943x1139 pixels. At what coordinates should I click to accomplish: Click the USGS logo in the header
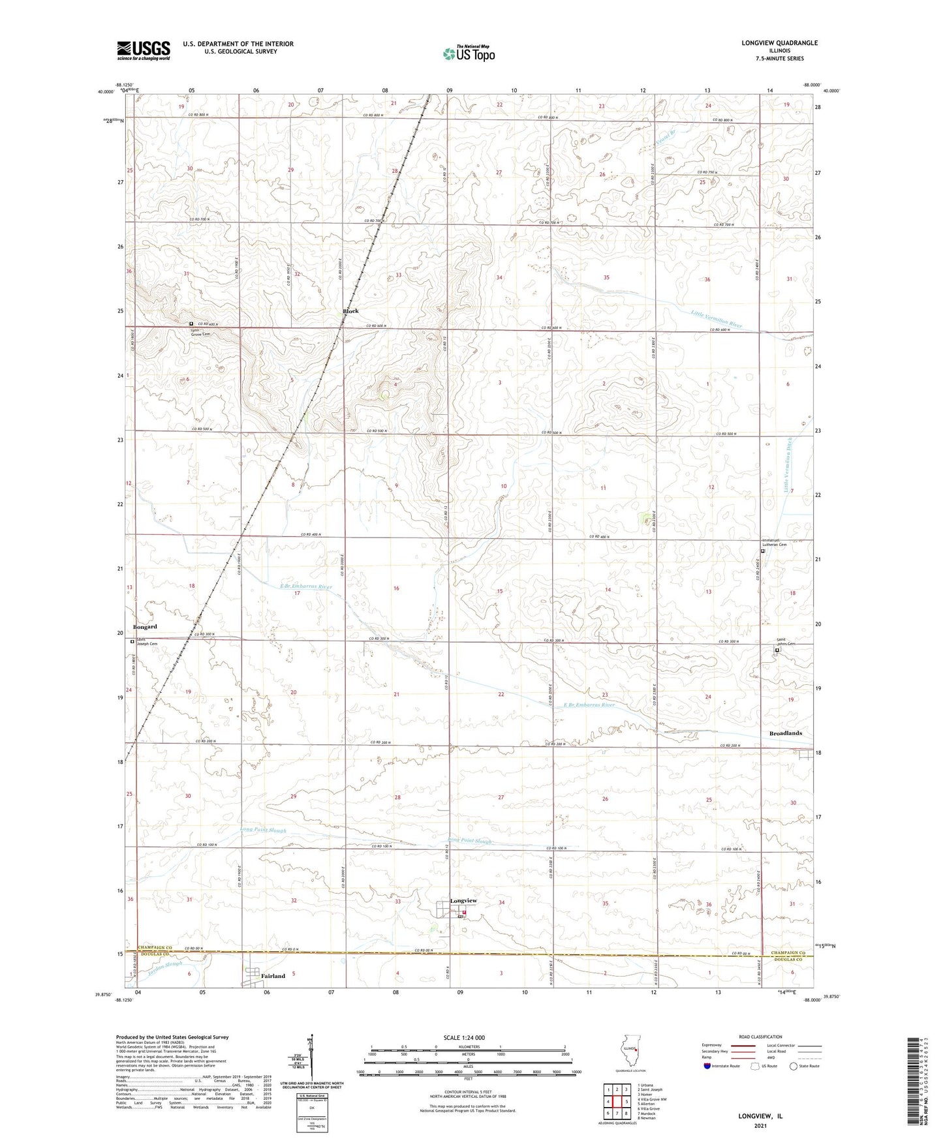click(x=144, y=50)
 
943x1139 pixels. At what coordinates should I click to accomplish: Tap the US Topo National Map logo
click(x=468, y=53)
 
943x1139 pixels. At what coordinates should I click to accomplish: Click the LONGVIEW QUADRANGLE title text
click(x=779, y=43)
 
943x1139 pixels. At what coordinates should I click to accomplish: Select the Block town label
click(x=350, y=311)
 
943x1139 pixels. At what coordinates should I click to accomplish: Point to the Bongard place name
click(x=145, y=626)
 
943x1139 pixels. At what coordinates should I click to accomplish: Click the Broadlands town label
click(x=785, y=733)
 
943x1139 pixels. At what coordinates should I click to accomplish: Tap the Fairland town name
click(x=273, y=976)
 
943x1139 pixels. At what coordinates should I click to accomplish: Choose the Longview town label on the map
click(x=463, y=901)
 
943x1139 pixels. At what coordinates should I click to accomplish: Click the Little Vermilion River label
click(x=717, y=319)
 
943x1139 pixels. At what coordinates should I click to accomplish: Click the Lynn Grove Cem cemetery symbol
click(x=191, y=324)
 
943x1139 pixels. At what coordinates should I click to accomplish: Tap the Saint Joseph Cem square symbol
click(x=132, y=641)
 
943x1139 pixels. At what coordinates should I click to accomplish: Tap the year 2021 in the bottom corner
click(x=760, y=1125)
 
